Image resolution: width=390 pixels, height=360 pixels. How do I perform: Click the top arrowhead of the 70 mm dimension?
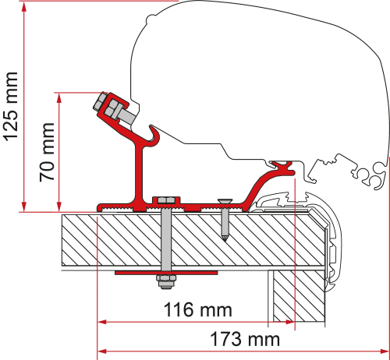(x=59, y=95)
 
